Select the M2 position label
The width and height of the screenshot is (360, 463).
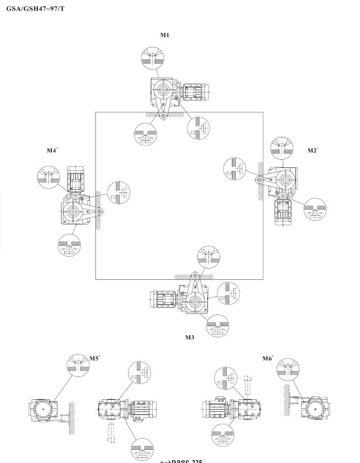click(x=313, y=151)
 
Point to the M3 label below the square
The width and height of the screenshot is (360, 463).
click(x=190, y=337)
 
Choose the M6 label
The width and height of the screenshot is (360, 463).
click(x=267, y=359)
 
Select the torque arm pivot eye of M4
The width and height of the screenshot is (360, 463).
click(x=99, y=211)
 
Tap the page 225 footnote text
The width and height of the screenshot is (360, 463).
click(x=181, y=461)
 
